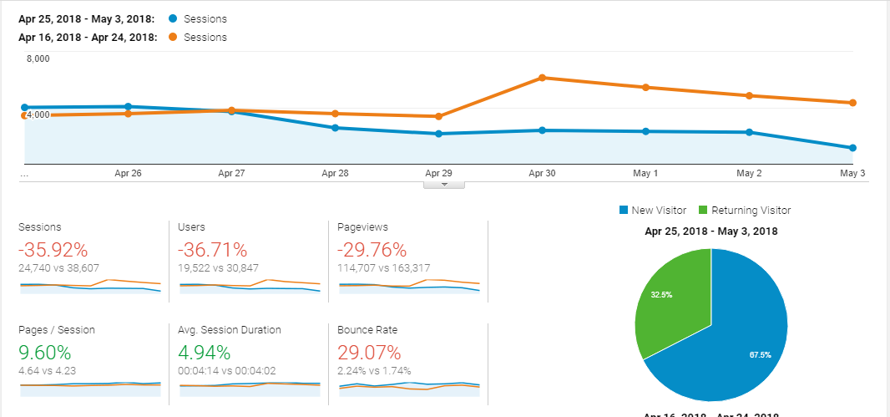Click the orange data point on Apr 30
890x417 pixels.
click(542, 78)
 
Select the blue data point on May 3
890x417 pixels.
click(852, 148)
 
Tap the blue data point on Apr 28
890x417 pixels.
click(335, 128)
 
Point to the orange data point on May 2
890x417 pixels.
click(749, 95)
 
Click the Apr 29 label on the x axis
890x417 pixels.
click(439, 173)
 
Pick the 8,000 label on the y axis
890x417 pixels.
click(38, 58)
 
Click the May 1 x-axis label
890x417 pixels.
click(645, 173)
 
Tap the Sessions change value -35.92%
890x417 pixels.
click(53, 250)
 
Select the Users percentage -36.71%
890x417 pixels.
click(213, 250)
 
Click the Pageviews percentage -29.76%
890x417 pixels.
click(372, 250)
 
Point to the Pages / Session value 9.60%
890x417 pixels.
click(45, 353)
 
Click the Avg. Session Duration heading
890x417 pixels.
click(230, 329)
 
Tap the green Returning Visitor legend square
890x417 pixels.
click(703, 211)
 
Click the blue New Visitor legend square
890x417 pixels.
click(624, 211)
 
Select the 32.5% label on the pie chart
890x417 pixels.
click(662, 295)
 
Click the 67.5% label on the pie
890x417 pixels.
click(760, 354)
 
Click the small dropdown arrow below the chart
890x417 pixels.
click(444, 185)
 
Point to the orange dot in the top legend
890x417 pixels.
click(173, 38)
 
